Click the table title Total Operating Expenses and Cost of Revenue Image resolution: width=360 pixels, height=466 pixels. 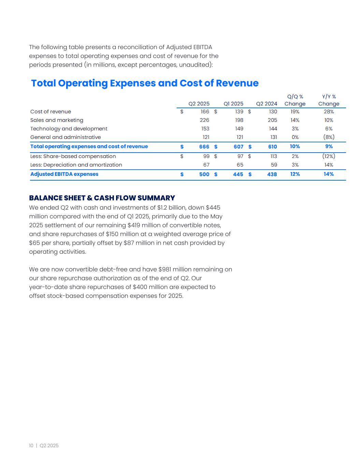click(145, 83)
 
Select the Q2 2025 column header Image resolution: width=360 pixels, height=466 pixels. click(199, 104)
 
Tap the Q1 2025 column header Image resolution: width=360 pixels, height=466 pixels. click(233, 104)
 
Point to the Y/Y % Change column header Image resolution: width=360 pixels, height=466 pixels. click(329, 100)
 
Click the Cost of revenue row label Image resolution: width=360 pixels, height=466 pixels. click(51, 112)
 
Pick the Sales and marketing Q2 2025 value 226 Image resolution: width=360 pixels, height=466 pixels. click(204, 120)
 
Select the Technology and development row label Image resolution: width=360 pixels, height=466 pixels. click(69, 129)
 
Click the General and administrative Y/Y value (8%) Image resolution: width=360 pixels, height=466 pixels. click(329, 137)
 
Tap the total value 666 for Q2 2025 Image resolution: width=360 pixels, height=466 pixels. click(204, 146)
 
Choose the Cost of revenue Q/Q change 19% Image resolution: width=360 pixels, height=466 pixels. click(295, 112)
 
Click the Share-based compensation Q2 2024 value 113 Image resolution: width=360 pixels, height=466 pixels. click(273, 156)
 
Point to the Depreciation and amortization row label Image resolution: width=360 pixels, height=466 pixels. click(76, 165)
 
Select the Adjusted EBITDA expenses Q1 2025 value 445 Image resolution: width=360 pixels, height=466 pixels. click(238, 174)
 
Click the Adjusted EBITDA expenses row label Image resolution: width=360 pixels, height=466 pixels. click(64, 174)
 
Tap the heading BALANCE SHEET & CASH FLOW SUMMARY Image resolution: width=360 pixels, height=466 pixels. click(102, 198)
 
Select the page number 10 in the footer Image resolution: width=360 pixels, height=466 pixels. click(31, 446)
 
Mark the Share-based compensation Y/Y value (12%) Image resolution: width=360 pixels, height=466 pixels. click(329, 156)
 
